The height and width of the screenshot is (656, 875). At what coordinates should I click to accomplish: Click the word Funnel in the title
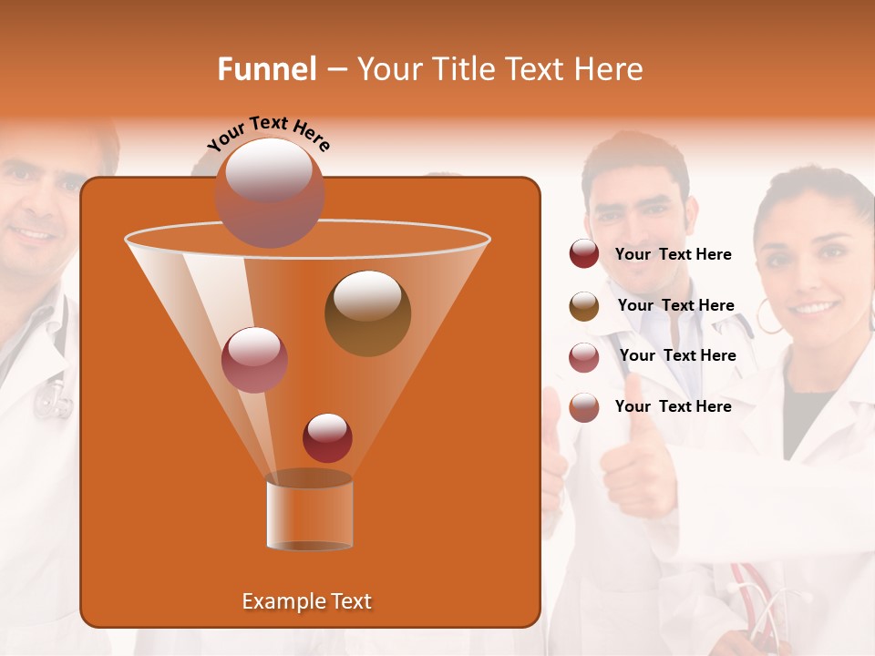click(x=267, y=69)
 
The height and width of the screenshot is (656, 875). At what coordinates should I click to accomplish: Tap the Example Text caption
click(x=307, y=601)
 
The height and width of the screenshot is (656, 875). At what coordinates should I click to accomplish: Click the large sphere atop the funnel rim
click(x=270, y=192)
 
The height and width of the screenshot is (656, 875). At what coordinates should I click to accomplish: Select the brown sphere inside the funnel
click(x=367, y=313)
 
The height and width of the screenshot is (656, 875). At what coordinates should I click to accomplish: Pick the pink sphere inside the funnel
click(x=254, y=360)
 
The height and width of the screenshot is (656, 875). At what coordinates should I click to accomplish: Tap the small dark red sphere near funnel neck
click(x=327, y=437)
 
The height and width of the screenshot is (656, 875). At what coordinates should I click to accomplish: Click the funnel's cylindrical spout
click(x=309, y=511)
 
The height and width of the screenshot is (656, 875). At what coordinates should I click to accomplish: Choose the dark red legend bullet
click(x=584, y=254)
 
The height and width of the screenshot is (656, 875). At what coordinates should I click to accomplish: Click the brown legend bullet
click(x=584, y=306)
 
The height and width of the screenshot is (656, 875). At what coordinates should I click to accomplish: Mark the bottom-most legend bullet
click(x=584, y=407)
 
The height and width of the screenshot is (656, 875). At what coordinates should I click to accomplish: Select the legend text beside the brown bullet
click(x=675, y=305)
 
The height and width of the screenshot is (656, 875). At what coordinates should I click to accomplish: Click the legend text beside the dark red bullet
click(x=673, y=254)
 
